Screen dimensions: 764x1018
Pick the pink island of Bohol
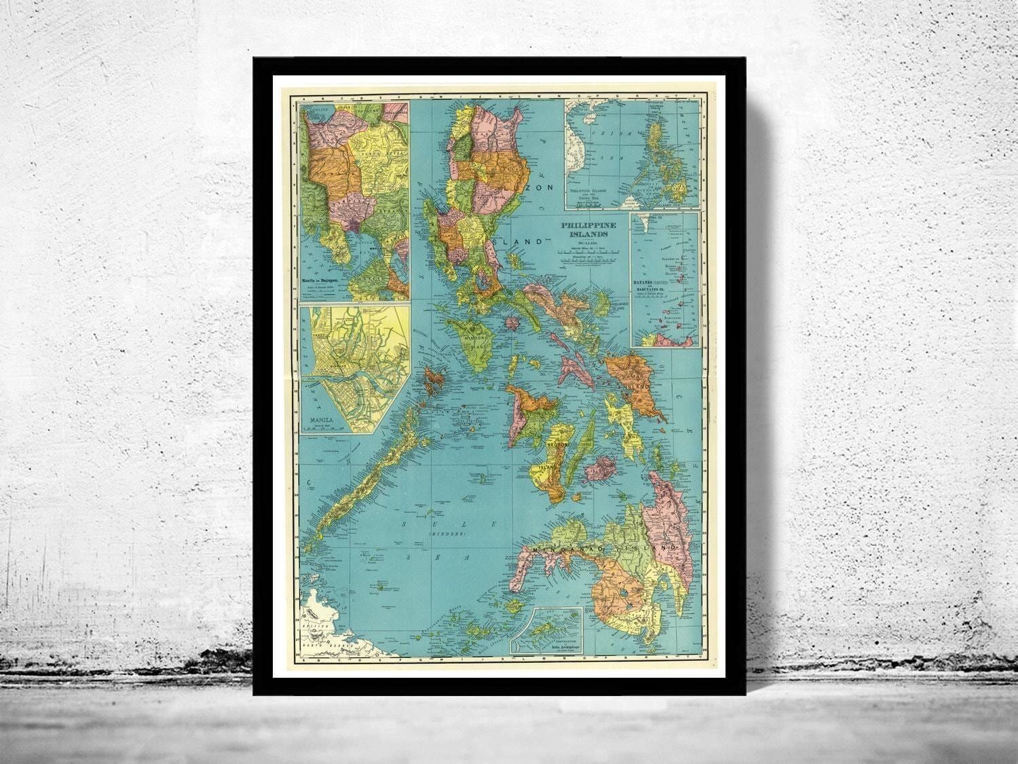point(603,469)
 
